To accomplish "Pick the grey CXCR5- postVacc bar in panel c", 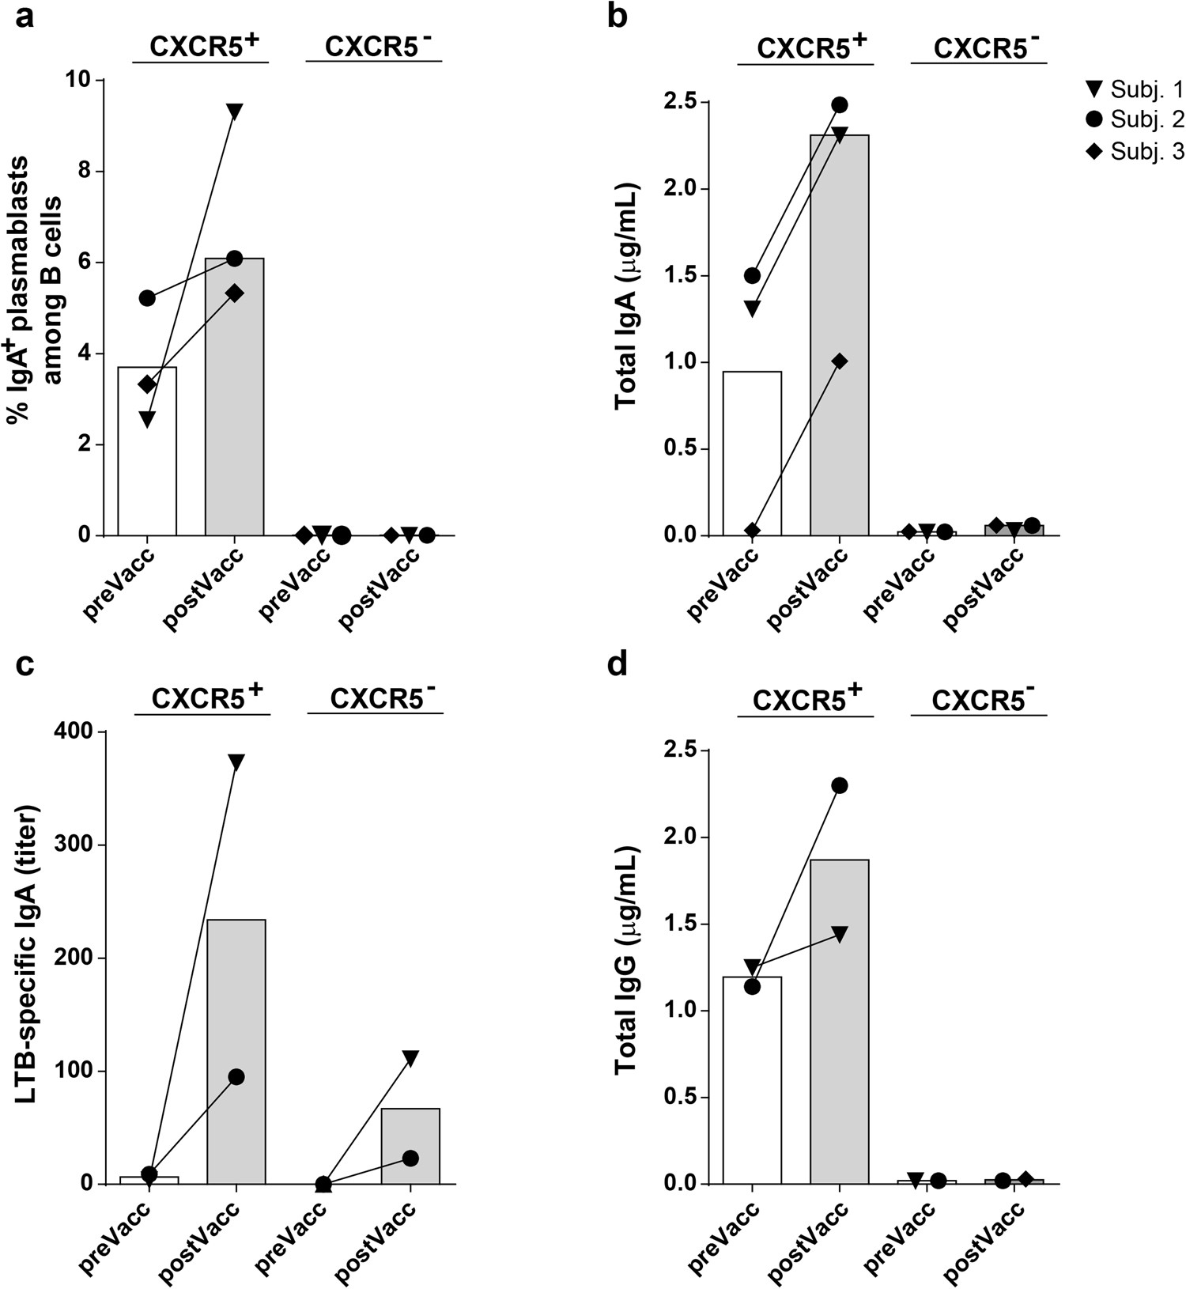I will (410, 1147).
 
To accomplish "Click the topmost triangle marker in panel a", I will (234, 111).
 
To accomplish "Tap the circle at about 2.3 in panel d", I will (839, 785).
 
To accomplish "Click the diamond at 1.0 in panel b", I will (839, 361).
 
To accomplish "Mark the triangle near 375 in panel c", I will (236, 762).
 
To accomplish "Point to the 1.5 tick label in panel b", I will (683, 276).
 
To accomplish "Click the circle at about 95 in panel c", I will (236, 1076).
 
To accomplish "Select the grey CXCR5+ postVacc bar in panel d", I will (839, 1028).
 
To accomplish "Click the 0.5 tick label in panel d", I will (683, 1098).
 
